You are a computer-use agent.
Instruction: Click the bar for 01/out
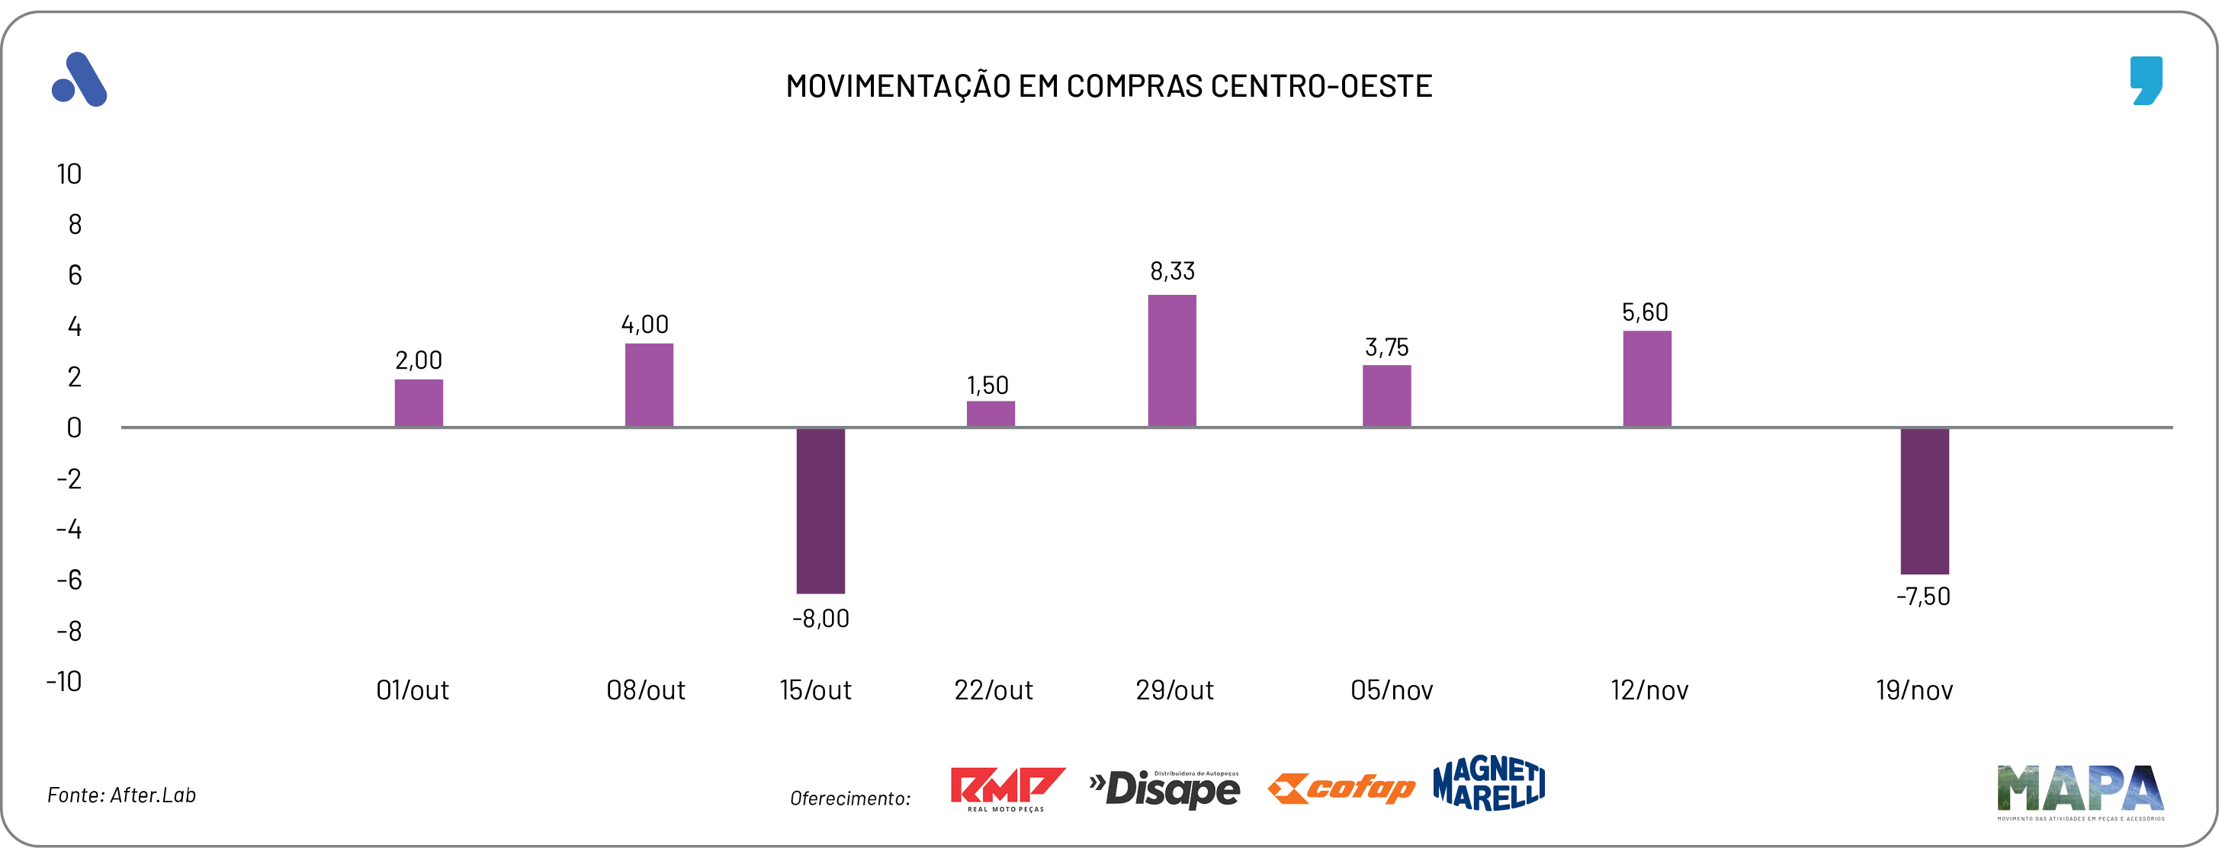pos(419,403)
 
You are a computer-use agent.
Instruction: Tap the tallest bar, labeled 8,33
pos(1171,360)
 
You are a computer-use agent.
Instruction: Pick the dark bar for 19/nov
pos(1925,501)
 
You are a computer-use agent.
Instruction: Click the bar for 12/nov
pos(1647,379)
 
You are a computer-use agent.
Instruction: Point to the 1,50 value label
pos(987,385)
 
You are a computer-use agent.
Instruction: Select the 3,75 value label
pos(1387,347)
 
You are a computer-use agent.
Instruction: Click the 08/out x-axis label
pos(645,690)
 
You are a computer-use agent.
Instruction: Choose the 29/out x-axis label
pos(1174,690)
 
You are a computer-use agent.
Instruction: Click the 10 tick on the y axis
pos(69,174)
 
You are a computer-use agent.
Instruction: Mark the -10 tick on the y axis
pos(65,681)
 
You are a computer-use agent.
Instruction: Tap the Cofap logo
pos(1341,788)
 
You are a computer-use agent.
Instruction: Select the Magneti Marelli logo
pos(1488,783)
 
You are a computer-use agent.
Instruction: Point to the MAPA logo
pos(2079,790)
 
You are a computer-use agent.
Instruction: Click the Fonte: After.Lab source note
pos(121,795)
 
